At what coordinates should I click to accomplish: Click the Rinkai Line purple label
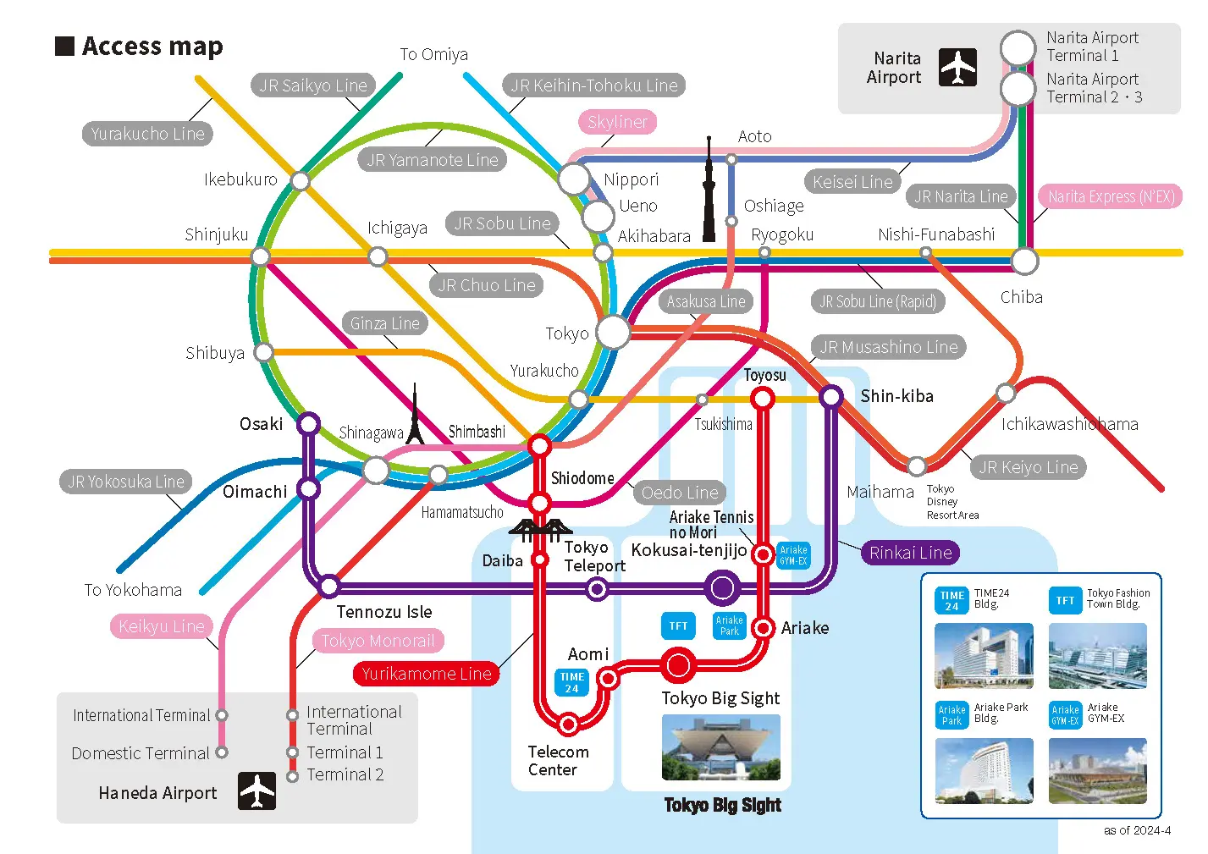tap(910, 553)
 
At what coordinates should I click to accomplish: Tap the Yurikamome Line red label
tap(426, 674)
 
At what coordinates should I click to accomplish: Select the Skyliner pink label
tap(617, 122)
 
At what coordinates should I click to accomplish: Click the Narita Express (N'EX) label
tap(1111, 197)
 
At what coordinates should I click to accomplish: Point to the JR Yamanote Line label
tap(433, 160)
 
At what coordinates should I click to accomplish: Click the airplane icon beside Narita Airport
tap(957, 68)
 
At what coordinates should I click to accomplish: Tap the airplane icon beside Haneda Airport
tap(256, 791)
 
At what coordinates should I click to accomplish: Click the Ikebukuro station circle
tap(301, 180)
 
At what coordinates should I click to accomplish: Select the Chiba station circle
tap(1024, 262)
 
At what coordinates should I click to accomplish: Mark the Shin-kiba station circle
tap(831, 396)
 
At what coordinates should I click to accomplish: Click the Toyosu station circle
tap(764, 398)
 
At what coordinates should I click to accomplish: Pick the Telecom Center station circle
tap(569, 724)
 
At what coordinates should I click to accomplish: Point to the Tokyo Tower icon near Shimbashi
tap(415, 416)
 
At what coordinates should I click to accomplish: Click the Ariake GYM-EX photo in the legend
tap(1097, 770)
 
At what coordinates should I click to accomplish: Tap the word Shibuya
tap(215, 354)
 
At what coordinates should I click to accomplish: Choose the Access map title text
tap(152, 47)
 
